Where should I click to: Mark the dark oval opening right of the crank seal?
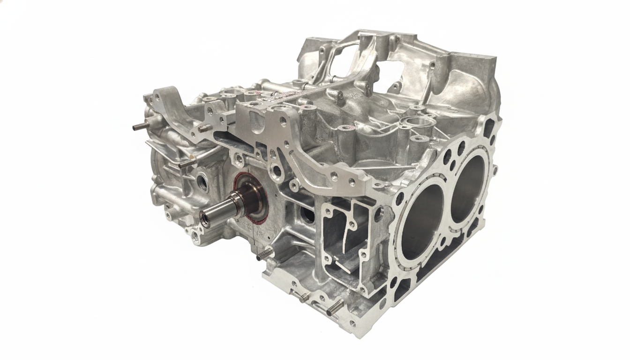307,215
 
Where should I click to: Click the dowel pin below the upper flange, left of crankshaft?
186,163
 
